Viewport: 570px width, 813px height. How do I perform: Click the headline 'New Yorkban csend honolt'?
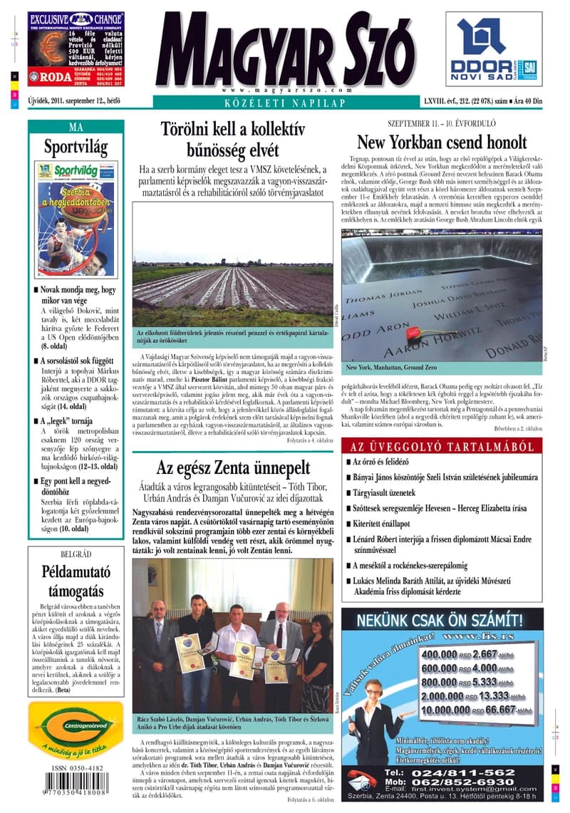[x=442, y=141]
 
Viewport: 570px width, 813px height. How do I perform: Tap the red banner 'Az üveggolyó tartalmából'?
[x=442, y=447]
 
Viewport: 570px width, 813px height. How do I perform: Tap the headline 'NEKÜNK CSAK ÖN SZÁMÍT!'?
[x=442, y=618]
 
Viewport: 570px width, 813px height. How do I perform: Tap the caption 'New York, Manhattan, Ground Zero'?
[x=391, y=368]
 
